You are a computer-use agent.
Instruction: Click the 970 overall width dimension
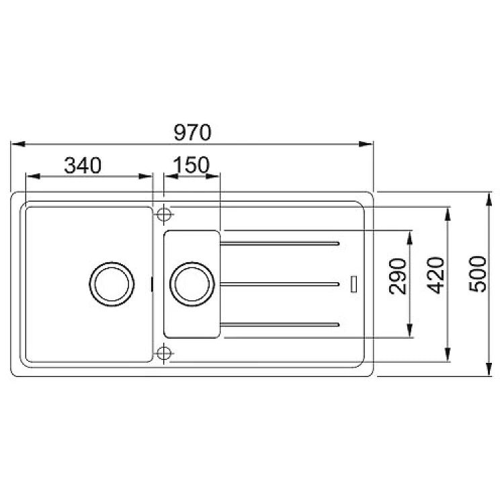click(x=192, y=132)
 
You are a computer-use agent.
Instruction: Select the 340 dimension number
click(x=83, y=165)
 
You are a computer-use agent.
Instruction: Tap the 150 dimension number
click(x=191, y=165)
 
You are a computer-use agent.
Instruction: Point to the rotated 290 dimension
click(x=398, y=276)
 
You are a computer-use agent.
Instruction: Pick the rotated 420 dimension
click(x=436, y=276)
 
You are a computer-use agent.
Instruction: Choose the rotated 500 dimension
click(x=478, y=274)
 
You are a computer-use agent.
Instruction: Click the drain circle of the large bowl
click(x=112, y=284)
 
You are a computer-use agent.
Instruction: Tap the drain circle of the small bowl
click(x=192, y=284)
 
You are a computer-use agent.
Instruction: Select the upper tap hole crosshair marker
click(x=164, y=214)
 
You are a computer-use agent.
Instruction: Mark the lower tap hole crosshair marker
click(x=164, y=353)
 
